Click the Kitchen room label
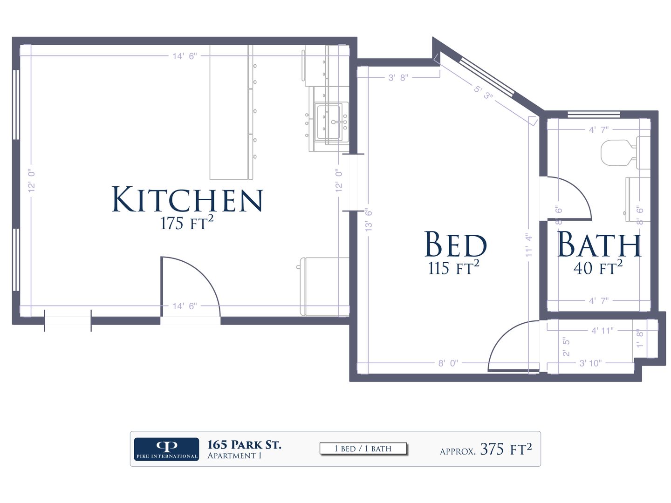click(x=187, y=199)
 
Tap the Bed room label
click(x=455, y=244)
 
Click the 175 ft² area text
click(x=187, y=223)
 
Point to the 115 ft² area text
click(x=453, y=267)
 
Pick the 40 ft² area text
click(x=598, y=267)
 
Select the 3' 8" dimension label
click(x=398, y=78)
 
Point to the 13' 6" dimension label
click(x=369, y=220)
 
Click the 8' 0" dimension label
click(x=448, y=363)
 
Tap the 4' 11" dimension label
click(x=602, y=331)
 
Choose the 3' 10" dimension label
click(x=590, y=363)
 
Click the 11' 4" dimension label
click(x=528, y=245)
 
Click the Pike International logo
click(x=167, y=449)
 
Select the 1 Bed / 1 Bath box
click(x=363, y=449)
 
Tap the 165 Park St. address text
click(x=244, y=445)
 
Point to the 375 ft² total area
click(x=506, y=449)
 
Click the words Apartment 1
click(x=234, y=455)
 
